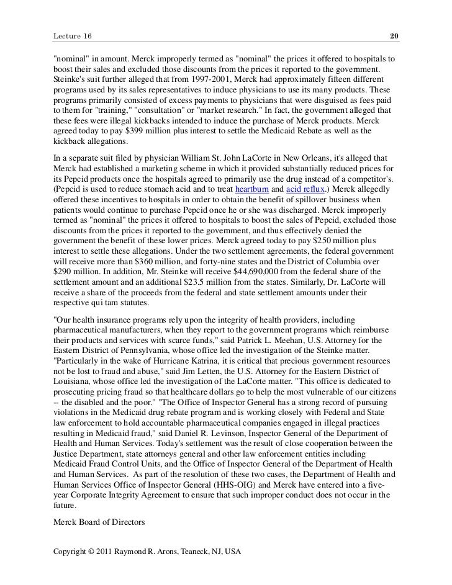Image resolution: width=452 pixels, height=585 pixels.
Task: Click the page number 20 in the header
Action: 394,37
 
